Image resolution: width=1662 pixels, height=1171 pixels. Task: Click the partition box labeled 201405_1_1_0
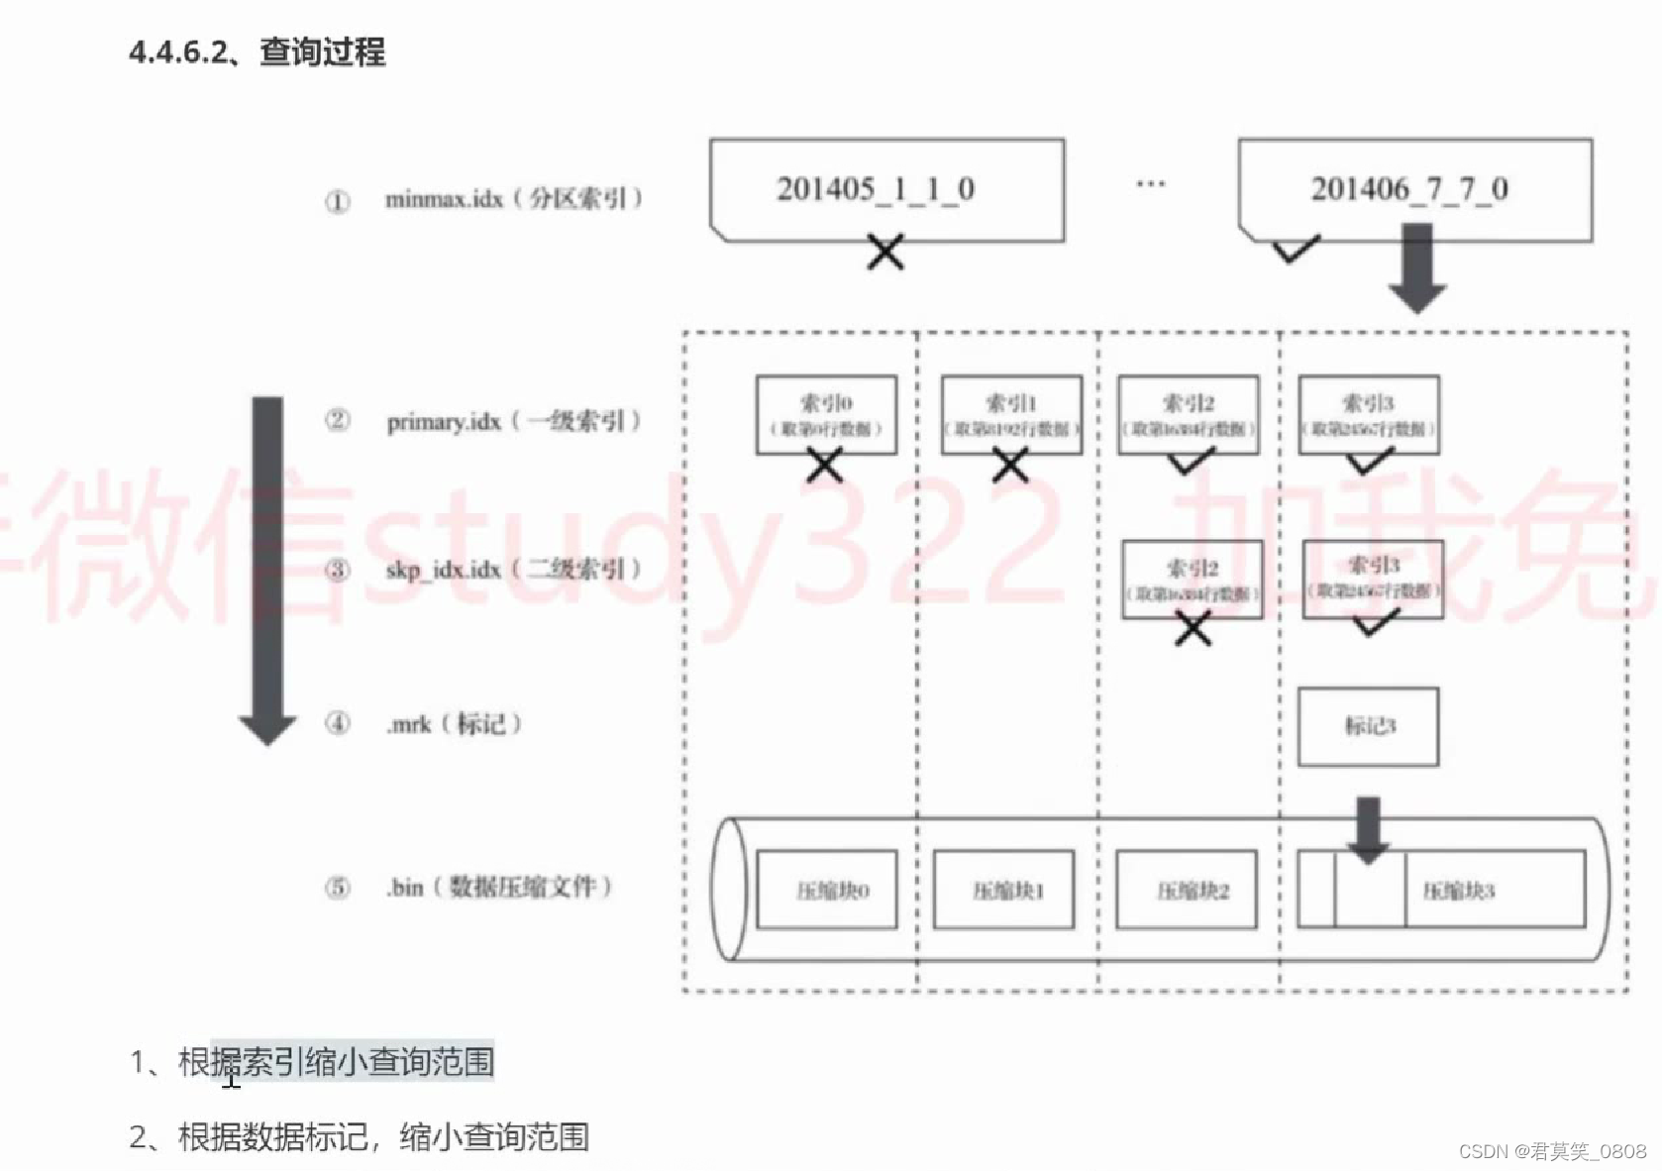coord(886,189)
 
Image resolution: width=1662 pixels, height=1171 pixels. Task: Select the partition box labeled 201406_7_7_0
coord(1414,189)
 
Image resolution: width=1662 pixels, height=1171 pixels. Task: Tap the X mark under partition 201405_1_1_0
coord(884,252)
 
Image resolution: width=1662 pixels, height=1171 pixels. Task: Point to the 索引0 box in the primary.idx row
coord(826,414)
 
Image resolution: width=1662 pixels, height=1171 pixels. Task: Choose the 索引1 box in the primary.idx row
coord(1010,414)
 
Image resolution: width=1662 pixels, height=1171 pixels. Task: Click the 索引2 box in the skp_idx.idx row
coord(1192,580)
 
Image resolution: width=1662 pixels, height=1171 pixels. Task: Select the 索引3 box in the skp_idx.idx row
coord(1373,579)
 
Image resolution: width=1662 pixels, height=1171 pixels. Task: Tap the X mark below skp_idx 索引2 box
coord(1193,629)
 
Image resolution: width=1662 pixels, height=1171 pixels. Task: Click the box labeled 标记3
coord(1368,726)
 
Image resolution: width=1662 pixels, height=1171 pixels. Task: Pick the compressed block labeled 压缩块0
coord(827,890)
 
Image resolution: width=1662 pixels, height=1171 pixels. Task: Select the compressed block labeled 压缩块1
coord(1003,890)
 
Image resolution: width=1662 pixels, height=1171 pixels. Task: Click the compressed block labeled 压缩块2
coord(1186,890)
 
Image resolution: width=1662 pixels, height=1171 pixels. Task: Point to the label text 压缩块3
coord(1458,891)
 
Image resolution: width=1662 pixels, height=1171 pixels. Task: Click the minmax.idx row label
coord(513,199)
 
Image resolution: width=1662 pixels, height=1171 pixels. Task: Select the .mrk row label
coord(453,724)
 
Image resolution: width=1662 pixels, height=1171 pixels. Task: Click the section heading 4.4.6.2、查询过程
coord(258,52)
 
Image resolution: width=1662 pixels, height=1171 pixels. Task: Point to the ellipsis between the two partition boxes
coord(1150,184)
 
